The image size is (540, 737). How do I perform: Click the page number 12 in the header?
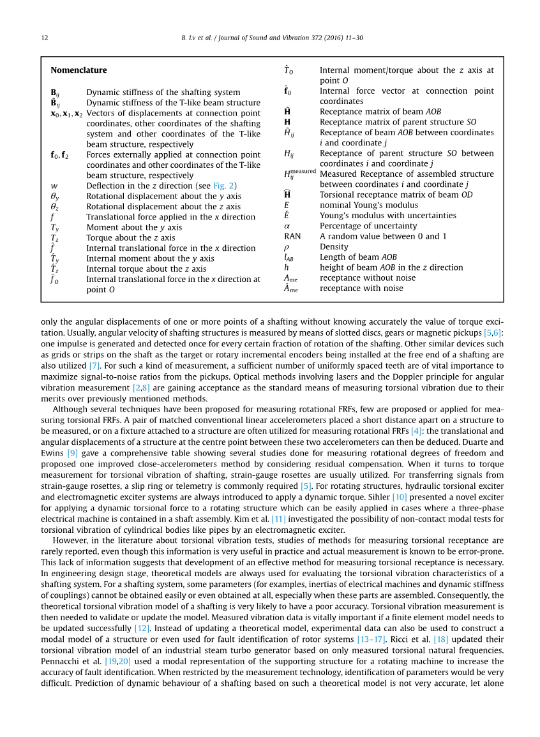45,38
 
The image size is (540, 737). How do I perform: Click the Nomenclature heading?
79,70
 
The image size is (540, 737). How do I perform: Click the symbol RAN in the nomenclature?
292,236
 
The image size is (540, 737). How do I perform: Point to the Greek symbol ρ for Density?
287,247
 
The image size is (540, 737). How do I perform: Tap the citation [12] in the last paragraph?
142,629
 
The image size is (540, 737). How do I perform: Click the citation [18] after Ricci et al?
441,639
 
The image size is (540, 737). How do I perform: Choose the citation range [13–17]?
371,639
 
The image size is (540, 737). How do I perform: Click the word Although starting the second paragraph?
71,409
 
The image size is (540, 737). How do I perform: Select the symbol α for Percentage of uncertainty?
287,226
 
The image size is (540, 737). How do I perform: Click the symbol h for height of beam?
287,267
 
